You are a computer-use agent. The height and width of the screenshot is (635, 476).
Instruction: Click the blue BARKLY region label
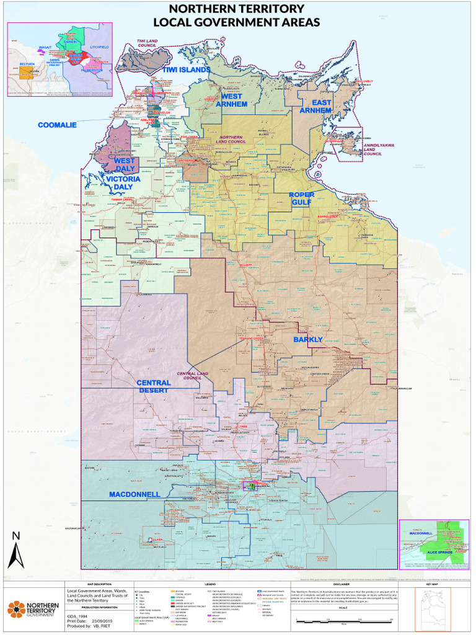pos(307,340)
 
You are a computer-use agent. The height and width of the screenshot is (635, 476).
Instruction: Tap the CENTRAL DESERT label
pos(154,387)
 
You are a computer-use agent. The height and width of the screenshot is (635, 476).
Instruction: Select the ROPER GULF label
pos(302,198)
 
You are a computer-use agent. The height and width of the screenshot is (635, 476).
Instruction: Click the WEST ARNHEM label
pos(231,100)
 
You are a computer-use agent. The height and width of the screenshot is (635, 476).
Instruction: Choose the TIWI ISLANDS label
pos(187,70)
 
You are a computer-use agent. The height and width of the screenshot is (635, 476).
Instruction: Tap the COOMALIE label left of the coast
pos(57,125)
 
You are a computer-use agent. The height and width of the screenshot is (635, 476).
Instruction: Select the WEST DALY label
pos(125,165)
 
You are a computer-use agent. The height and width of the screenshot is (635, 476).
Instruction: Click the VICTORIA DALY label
pos(123,182)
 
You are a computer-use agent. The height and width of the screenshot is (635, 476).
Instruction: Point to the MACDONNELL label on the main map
pos(134,494)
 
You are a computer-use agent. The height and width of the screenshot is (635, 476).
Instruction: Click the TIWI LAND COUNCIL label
pos(148,44)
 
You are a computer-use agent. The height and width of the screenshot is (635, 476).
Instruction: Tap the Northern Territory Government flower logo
pos(16,610)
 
